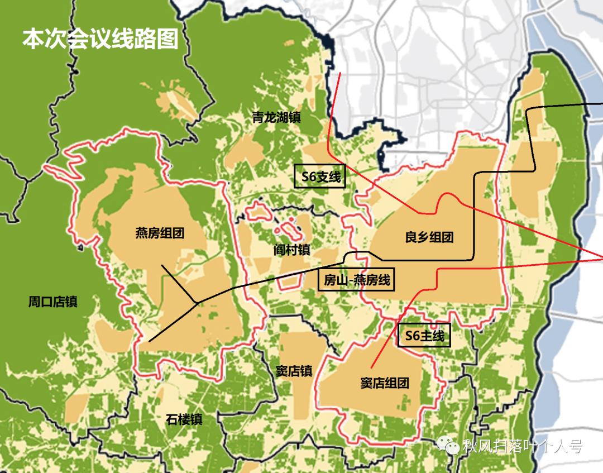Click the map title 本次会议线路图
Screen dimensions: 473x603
pyautogui.click(x=100, y=40)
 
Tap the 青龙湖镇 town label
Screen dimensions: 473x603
pyautogui.click(x=276, y=118)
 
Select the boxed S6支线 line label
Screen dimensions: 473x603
pyautogui.click(x=320, y=176)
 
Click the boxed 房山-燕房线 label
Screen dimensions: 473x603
pyautogui.click(x=356, y=280)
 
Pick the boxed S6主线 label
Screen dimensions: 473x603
pyautogui.click(x=424, y=336)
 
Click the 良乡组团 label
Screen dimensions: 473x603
pyautogui.click(x=429, y=237)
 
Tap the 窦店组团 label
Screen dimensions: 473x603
pyautogui.click(x=385, y=383)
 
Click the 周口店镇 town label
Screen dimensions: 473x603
pyautogui.click(x=52, y=302)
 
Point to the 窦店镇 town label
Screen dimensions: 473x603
pyautogui.click(x=294, y=371)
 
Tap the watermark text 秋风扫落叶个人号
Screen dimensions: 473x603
pyautogui.click(x=522, y=446)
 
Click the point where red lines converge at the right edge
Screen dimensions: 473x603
pyautogui.click(x=601, y=257)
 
